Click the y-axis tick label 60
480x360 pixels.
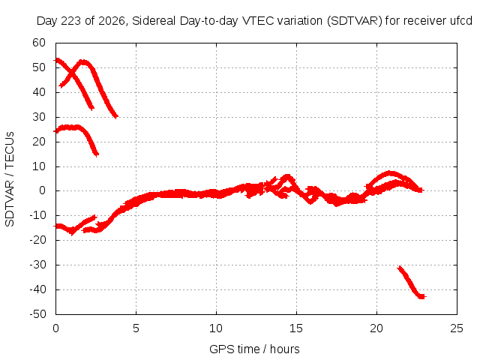click(39, 43)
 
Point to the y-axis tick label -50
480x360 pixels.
click(37, 313)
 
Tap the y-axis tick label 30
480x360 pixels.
click(39, 117)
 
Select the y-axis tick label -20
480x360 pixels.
click(37, 240)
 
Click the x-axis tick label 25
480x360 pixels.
click(457, 328)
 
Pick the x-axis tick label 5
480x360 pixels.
click(136, 328)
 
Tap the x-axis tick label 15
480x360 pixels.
click(296, 328)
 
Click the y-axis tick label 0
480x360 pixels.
click(42, 190)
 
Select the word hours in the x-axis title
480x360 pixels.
click(285, 349)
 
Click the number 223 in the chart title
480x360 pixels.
click(70, 21)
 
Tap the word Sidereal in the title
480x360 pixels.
click(154, 21)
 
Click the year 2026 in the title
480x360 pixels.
click(112, 22)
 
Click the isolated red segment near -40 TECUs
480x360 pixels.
click(411, 282)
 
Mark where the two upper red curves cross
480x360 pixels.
click(72, 73)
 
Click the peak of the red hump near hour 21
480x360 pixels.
click(389, 173)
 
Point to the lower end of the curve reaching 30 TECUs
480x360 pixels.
click(115, 116)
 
